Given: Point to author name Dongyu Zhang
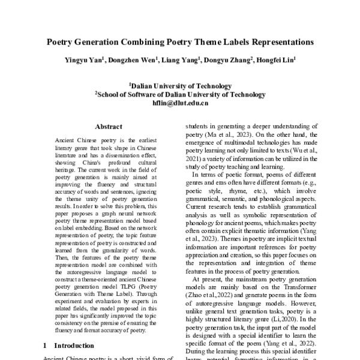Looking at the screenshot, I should point(227,61).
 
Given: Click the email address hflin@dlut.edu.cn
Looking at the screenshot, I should point(180,103).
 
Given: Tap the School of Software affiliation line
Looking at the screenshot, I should point(180,94).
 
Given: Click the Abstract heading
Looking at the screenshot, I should point(109,127).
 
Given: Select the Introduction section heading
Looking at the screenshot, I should point(74,346).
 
